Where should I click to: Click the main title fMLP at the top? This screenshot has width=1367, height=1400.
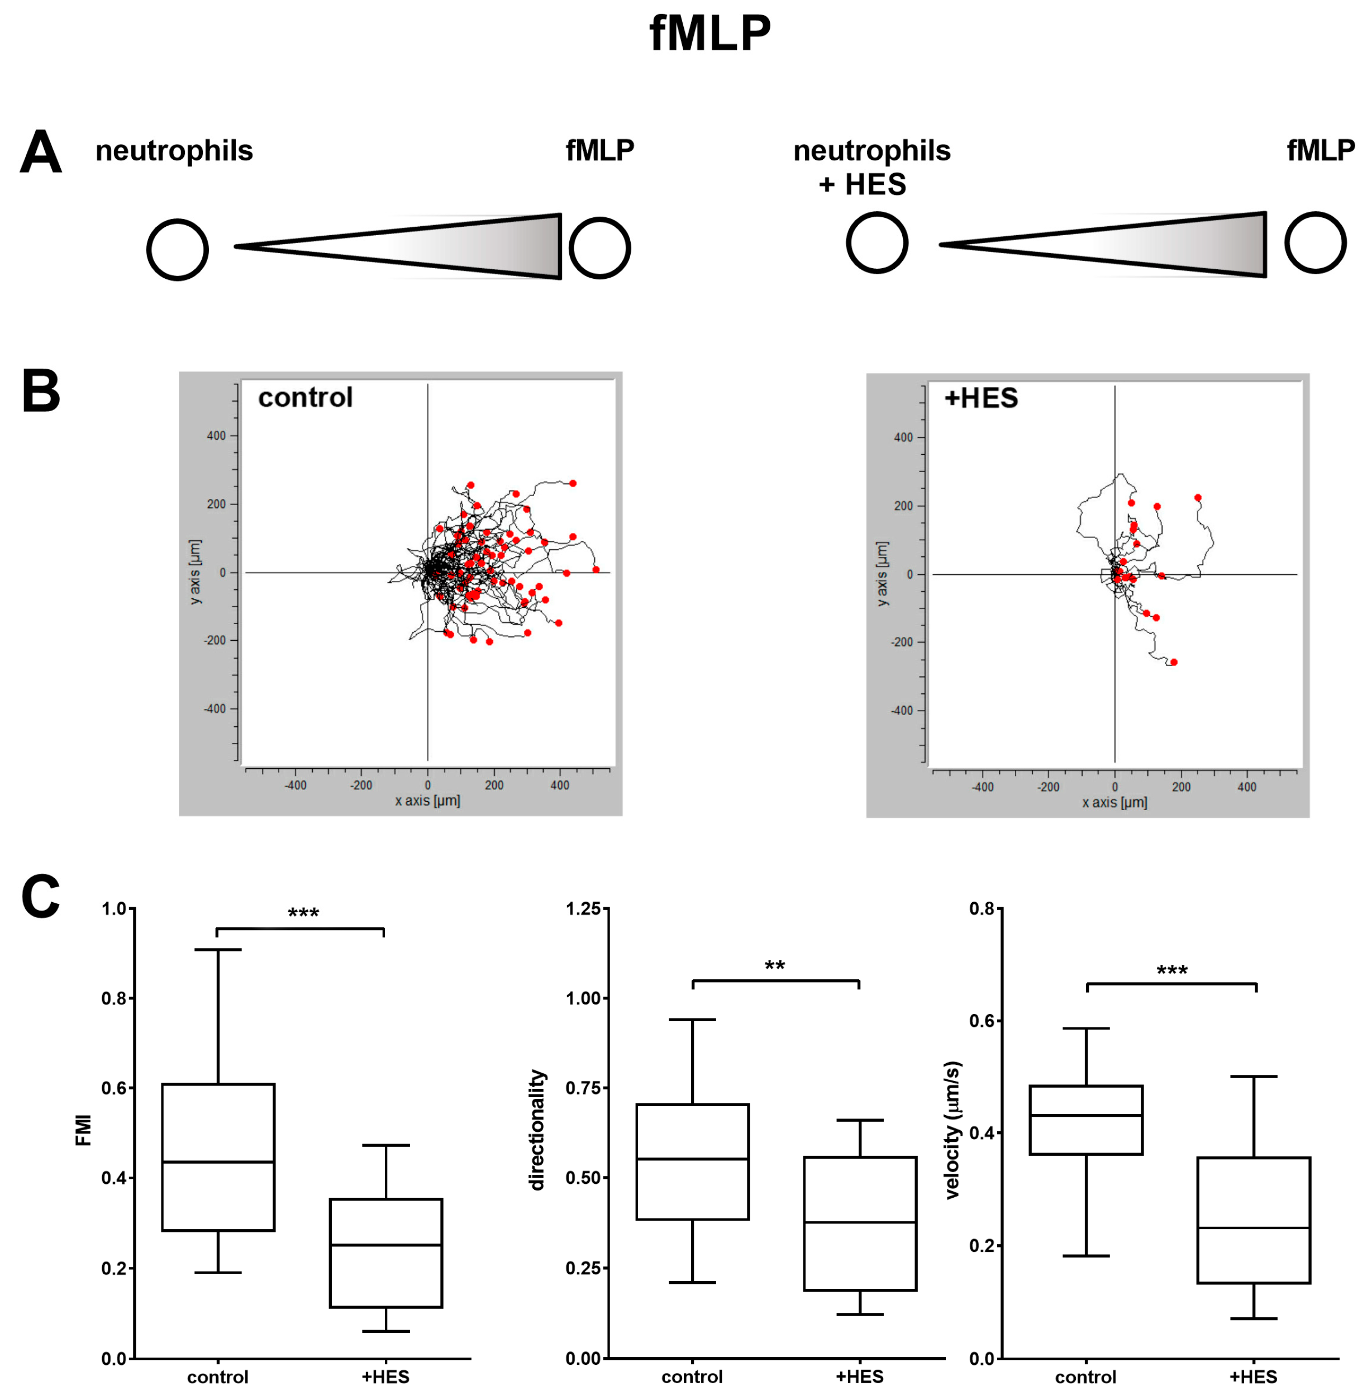coord(709,34)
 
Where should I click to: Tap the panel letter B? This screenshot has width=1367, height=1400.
coord(41,391)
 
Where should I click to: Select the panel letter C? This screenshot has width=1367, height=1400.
coord(40,897)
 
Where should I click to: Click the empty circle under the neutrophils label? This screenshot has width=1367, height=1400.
coord(177,250)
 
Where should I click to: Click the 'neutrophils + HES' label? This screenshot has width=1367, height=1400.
coord(871,167)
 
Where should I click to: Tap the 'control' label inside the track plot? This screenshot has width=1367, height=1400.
coord(305,398)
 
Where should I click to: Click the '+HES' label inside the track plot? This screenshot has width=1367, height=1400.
coord(981,398)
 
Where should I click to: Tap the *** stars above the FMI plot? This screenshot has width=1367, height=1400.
coord(303,914)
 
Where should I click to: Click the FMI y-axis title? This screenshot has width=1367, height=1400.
coord(83,1130)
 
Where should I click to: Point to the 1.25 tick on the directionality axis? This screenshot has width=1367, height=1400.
coord(583,909)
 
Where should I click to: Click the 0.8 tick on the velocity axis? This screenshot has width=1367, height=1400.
coord(982,909)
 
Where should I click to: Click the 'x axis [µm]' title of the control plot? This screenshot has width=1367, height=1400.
coord(427,800)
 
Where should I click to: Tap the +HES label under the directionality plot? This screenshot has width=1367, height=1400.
coord(859,1377)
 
